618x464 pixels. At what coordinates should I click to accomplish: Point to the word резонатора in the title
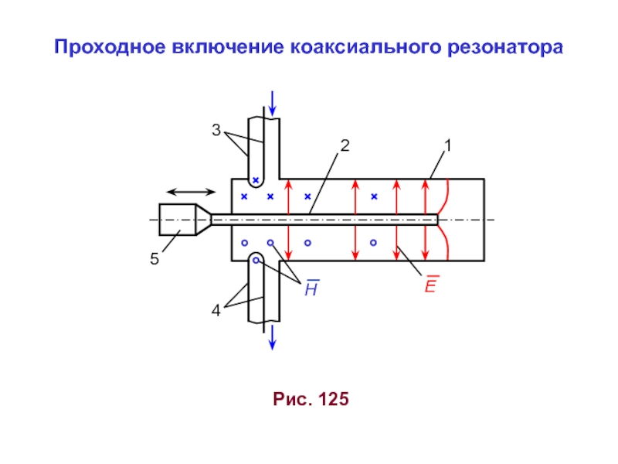(x=505, y=48)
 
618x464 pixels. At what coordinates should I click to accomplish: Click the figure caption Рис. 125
(x=311, y=400)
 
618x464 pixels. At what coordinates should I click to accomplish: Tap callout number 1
(x=447, y=145)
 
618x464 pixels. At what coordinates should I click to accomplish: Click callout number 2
(x=345, y=145)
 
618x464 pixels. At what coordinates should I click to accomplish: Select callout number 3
(x=217, y=131)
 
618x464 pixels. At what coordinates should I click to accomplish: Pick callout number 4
(x=217, y=311)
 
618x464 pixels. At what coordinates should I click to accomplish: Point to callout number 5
(x=154, y=260)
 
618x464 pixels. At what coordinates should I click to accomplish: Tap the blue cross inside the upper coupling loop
(x=256, y=179)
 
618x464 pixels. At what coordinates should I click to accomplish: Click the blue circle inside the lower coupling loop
(x=256, y=261)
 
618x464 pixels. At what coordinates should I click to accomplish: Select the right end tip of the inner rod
(x=436, y=220)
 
